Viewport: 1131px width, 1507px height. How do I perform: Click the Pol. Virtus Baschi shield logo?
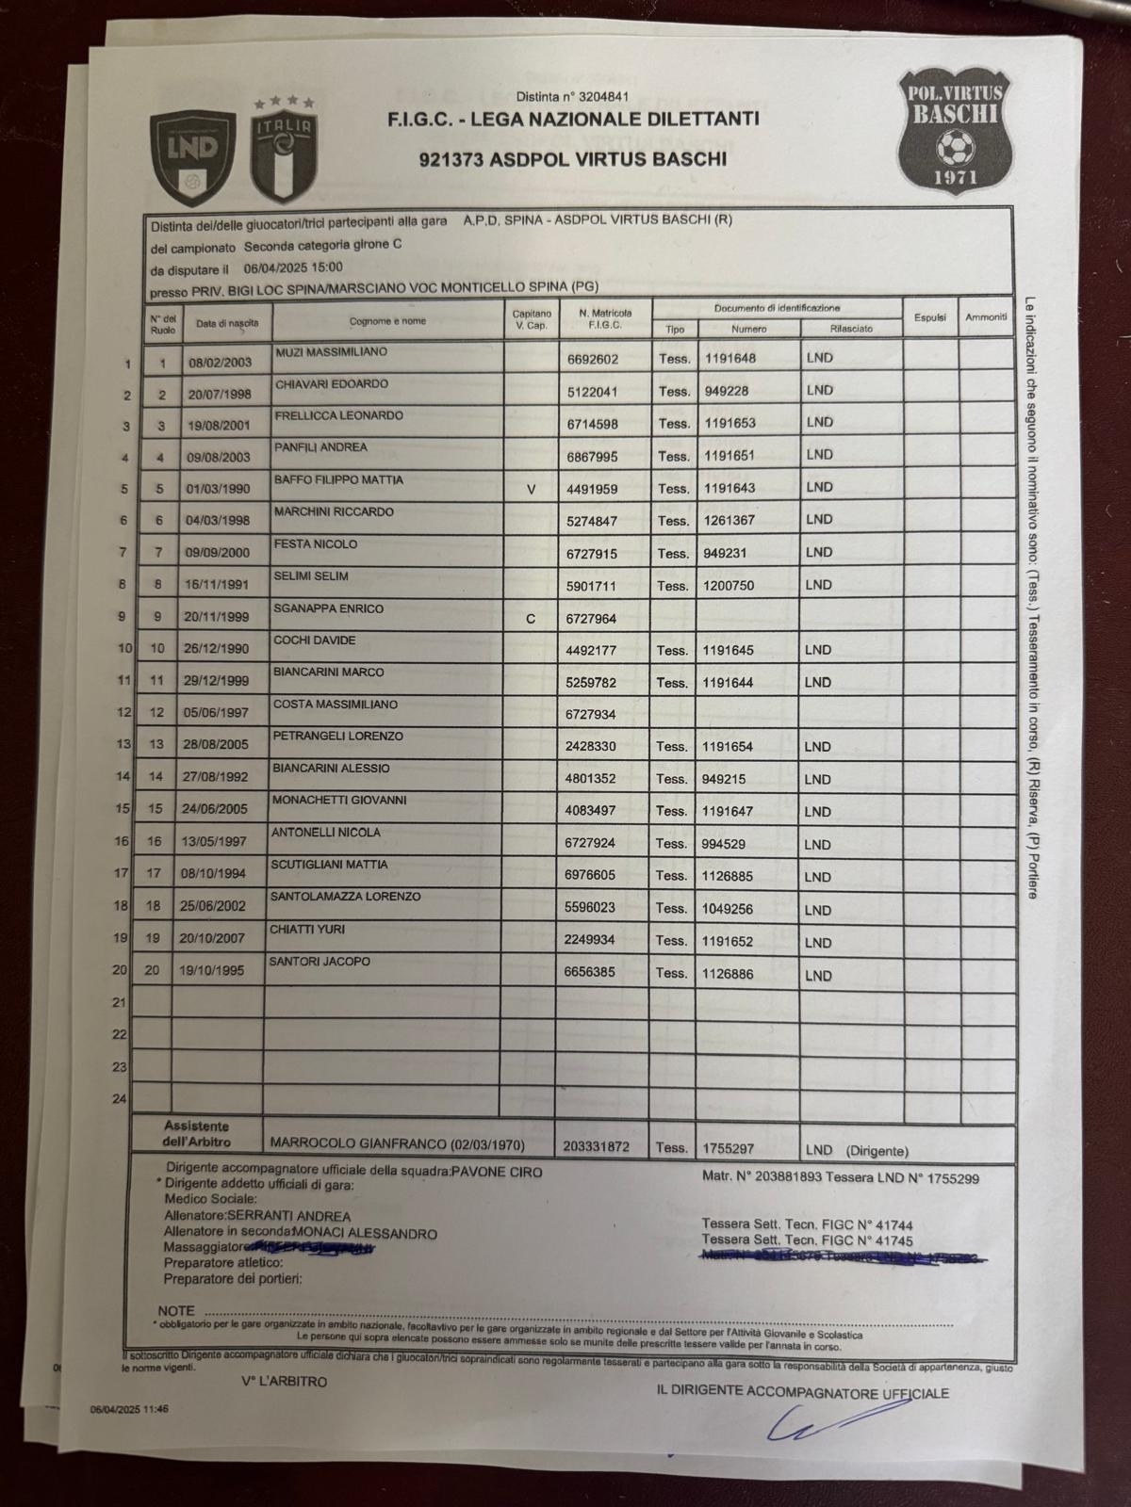tap(955, 128)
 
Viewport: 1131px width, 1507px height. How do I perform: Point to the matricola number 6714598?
tap(593, 424)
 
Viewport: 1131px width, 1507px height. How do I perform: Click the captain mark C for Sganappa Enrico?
tap(531, 619)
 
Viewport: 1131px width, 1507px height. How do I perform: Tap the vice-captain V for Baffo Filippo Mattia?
tap(531, 489)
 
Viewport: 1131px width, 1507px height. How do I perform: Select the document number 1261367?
tap(729, 521)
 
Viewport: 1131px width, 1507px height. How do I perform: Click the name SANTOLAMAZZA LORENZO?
tap(345, 897)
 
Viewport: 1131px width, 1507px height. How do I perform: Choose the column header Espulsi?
tap(929, 318)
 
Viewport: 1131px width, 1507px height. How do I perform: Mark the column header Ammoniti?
tap(986, 317)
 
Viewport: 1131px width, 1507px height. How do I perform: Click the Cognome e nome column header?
tap(386, 321)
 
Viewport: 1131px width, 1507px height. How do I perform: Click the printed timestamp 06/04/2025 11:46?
tap(129, 1410)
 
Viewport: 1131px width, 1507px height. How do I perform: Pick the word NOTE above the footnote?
tap(176, 1310)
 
